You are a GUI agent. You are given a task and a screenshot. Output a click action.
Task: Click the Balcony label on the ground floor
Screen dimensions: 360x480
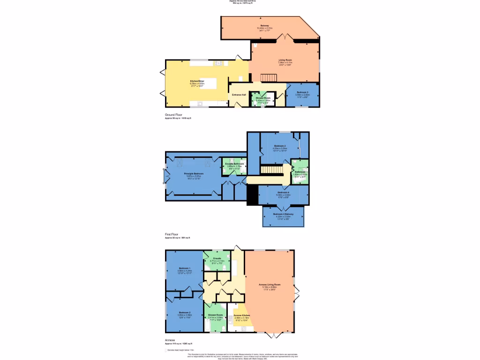pyautogui.click(x=265, y=25)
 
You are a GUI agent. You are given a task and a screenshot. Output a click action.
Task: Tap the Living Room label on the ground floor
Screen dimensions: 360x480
pyautogui.click(x=285, y=60)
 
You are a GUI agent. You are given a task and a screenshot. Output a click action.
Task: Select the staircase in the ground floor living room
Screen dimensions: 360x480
pyautogui.click(x=269, y=77)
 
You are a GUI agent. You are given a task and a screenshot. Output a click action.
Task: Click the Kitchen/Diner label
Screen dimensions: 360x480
pyautogui.click(x=197, y=81)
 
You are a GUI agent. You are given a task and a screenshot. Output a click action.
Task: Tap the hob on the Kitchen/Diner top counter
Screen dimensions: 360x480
pyautogui.click(x=218, y=63)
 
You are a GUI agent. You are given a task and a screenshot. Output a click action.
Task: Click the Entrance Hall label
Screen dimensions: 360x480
pyautogui.click(x=239, y=95)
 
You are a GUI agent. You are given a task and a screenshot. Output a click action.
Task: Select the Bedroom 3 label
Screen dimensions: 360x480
pyautogui.click(x=302, y=92)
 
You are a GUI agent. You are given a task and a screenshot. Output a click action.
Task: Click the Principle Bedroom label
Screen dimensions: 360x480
pyautogui.click(x=193, y=174)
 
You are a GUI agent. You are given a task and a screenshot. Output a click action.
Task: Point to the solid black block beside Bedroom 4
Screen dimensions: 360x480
pyautogui.click(x=253, y=195)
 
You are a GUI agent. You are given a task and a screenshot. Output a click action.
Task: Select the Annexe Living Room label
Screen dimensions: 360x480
pyautogui.click(x=270, y=285)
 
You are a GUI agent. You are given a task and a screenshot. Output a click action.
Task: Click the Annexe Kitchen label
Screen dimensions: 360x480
pyautogui.click(x=242, y=315)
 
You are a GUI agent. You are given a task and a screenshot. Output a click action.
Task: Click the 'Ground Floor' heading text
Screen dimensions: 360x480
pyautogui.click(x=173, y=115)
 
